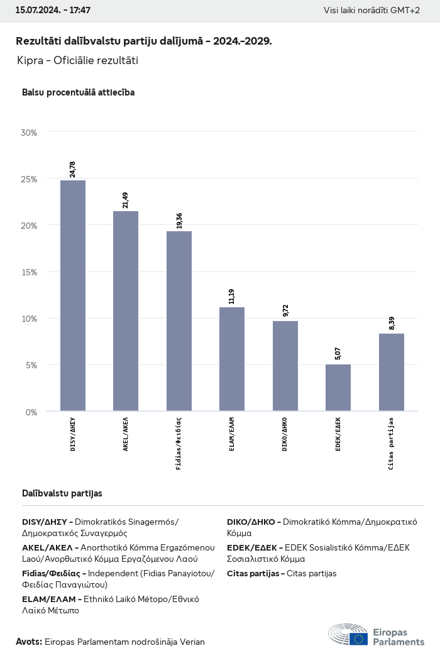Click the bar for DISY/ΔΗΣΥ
point(73,295)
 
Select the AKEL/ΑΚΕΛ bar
point(126,311)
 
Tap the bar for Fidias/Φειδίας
point(179,321)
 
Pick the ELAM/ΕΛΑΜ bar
point(232,359)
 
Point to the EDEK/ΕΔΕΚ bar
point(338,388)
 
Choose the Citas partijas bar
point(392,372)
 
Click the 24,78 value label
point(73,169)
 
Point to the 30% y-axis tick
point(30,133)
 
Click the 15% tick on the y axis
point(30,272)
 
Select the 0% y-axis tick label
point(31,412)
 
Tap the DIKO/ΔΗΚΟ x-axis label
point(285,434)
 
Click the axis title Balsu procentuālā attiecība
point(78,92)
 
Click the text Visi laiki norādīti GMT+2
point(371,11)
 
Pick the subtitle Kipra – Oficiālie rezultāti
point(78,61)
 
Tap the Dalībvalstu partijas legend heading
point(62,493)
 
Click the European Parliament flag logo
point(359,639)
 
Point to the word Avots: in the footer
point(29,642)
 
